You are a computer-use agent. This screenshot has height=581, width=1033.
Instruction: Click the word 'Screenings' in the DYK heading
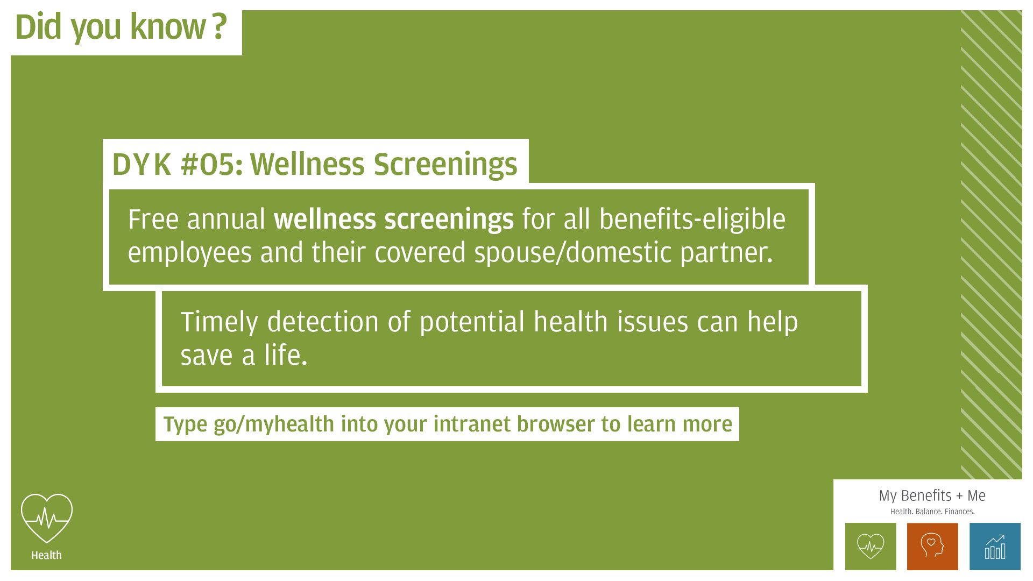coord(445,165)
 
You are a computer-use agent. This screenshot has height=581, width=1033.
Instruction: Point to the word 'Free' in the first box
coord(153,219)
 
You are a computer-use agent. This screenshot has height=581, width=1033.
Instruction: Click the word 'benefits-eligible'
coord(692,219)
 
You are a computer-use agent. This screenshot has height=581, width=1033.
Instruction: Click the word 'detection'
coord(323,322)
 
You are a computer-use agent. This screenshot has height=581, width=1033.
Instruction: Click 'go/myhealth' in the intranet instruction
coord(274,424)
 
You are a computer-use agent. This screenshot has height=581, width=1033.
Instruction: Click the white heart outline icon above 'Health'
coord(47,518)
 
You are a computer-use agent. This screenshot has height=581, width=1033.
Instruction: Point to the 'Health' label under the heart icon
coord(46,555)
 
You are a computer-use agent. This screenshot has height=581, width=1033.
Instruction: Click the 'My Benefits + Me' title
coord(932,495)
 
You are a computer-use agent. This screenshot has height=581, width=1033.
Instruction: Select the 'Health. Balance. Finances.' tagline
coord(932,512)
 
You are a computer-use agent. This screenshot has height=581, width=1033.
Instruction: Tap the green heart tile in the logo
coord(871,547)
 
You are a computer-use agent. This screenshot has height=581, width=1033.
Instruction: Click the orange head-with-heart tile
coord(932,547)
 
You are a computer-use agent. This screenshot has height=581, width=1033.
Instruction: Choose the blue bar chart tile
coord(995,547)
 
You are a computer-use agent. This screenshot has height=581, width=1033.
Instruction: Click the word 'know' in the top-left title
coord(168,27)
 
